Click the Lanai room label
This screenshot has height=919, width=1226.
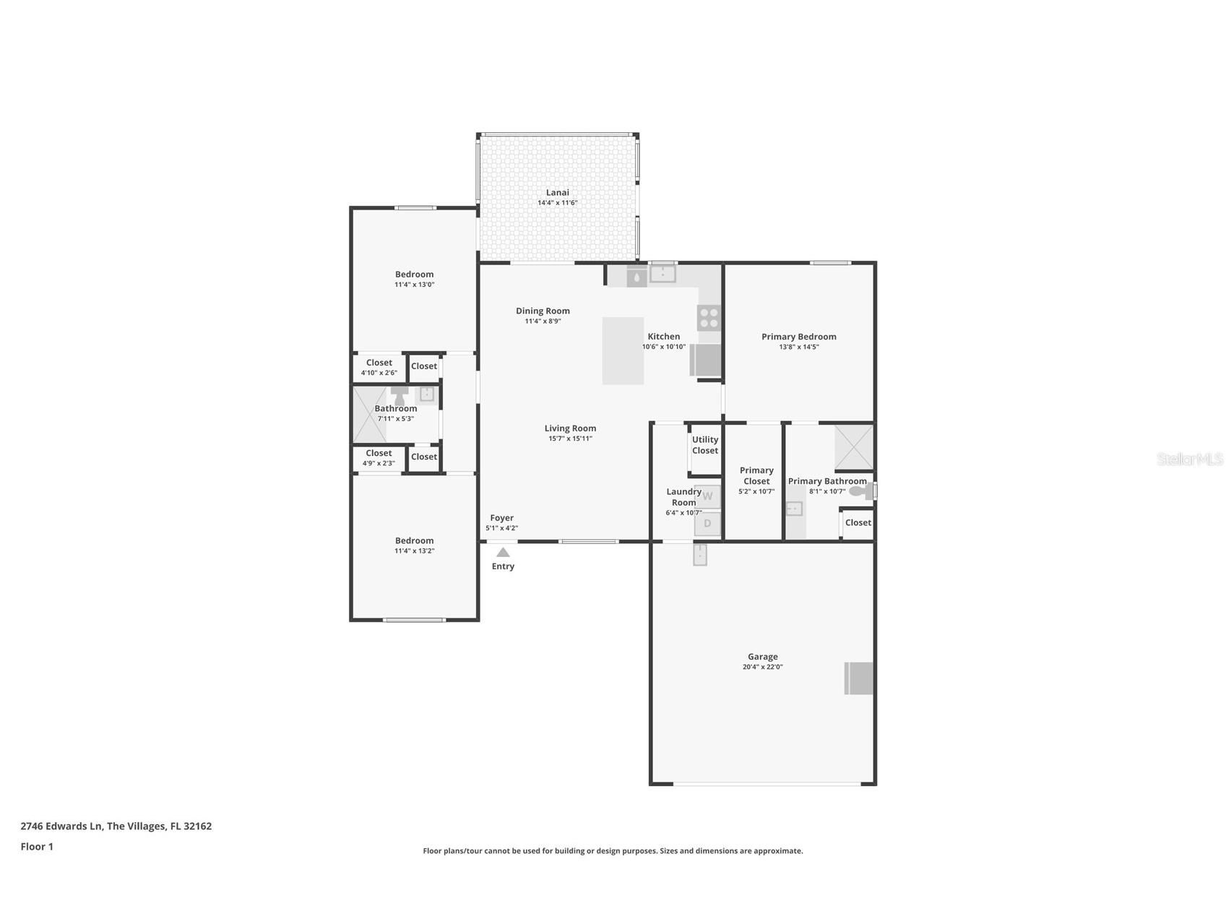tap(557, 192)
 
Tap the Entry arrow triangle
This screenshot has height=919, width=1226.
tap(503, 552)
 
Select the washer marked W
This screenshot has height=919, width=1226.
tap(707, 496)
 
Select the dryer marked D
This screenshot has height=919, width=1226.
tap(707, 524)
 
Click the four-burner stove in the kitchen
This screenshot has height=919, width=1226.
tap(709, 318)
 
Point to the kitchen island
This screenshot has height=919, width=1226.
tap(623, 350)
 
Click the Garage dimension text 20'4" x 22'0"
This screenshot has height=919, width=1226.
tap(762, 667)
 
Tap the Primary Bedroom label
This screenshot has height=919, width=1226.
tap(798, 337)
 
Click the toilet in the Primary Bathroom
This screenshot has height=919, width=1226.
tap(860, 491)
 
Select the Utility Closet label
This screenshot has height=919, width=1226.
tap(705, 445)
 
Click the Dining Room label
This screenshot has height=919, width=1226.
tap(543, 311)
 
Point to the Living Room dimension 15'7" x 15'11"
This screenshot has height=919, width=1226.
tap(570, 439)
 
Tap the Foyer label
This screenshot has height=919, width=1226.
tap(501, 518)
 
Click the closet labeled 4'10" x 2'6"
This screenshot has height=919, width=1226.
tap(379, 368)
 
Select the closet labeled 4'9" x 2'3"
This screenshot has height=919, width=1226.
tap(379, 458)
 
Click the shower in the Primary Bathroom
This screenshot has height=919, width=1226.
tap(853, 447)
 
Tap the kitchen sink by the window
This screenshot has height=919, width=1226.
tap(662, 274)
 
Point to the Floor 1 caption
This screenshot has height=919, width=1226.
tap(37, 847)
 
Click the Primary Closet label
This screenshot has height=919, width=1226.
tap(756, 475)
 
